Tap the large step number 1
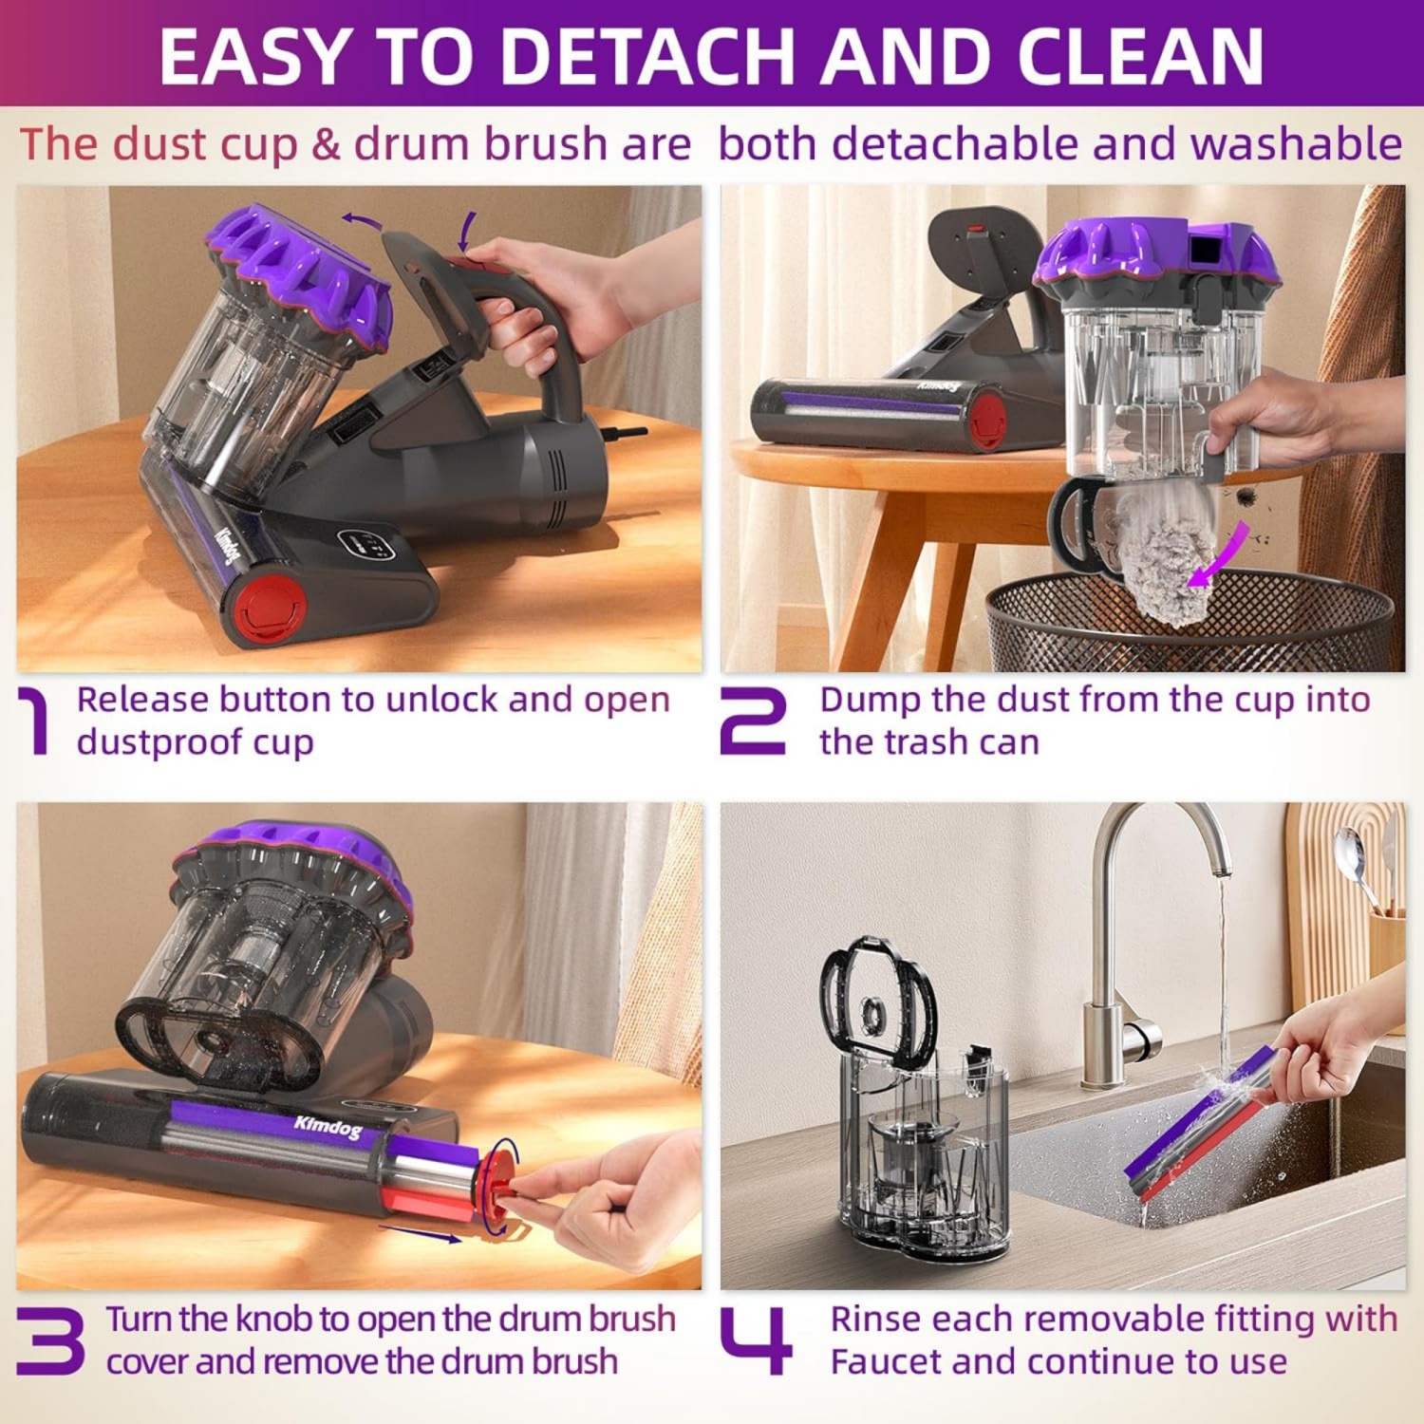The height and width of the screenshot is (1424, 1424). (35, 721)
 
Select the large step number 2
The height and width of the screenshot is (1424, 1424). (753, 721)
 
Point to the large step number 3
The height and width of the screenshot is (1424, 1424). (49, 1340)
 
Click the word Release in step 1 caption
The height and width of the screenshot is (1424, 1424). (142, 700)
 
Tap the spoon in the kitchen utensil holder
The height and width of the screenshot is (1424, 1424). (1353, 859)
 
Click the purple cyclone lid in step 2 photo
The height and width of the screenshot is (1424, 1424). (1153, 256)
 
